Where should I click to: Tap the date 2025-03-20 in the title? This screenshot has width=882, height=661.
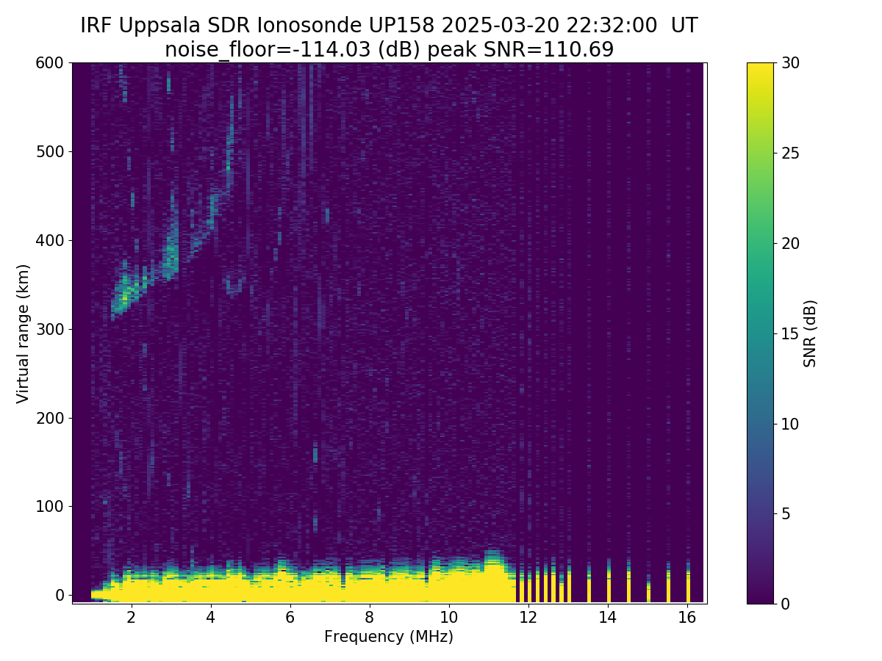click(x=487, y=26)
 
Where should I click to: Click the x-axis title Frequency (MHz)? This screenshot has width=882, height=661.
click(x=389, y=637)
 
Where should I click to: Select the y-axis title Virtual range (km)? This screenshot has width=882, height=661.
click(x=24, y=333)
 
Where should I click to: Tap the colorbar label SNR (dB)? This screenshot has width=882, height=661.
click(x=810, y=333)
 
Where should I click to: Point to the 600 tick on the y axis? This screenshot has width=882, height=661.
click(x=50, y=63)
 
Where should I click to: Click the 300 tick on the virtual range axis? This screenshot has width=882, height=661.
click(x=50, y=329)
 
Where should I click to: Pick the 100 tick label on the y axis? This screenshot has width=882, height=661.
click(x=50, y=506)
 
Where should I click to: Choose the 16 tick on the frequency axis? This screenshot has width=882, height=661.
click(x=687, y=618)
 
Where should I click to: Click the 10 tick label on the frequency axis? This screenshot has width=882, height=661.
click(x=449, y=618)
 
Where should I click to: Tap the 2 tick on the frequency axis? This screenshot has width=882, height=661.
click(x=132, y=618)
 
